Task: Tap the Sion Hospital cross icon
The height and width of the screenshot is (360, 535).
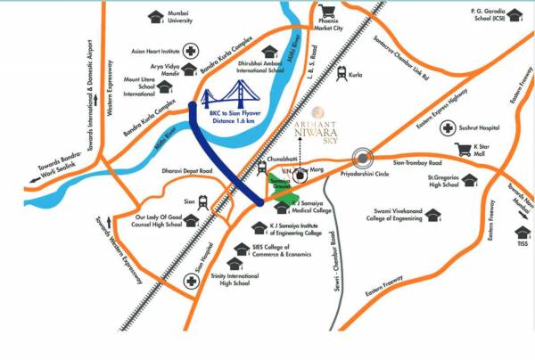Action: tap(191, 280)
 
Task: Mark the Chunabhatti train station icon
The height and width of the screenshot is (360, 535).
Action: tap(264, 166)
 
